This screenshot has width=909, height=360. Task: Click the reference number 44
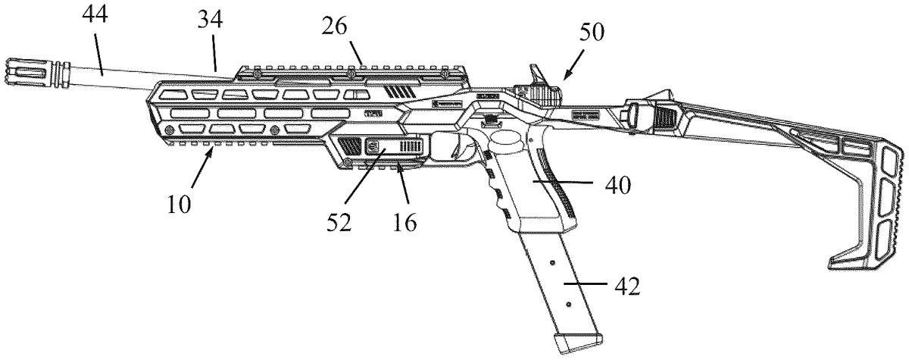click(x=95, y=14)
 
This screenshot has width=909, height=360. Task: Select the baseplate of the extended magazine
click(x=578, y=343)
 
